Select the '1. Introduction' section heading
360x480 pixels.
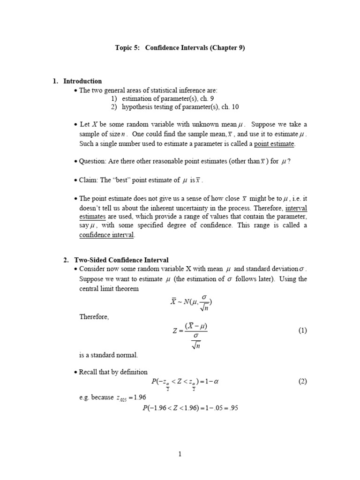pos(77,81)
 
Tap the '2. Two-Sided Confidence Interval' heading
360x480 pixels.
pos(116,260)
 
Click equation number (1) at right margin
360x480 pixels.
pos(302,330)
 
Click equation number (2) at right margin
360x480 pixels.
pos(302,381)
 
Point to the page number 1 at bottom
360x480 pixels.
pos(180,454)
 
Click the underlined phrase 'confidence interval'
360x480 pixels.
pos(107,235)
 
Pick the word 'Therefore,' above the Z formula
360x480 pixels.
pos(94,317)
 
